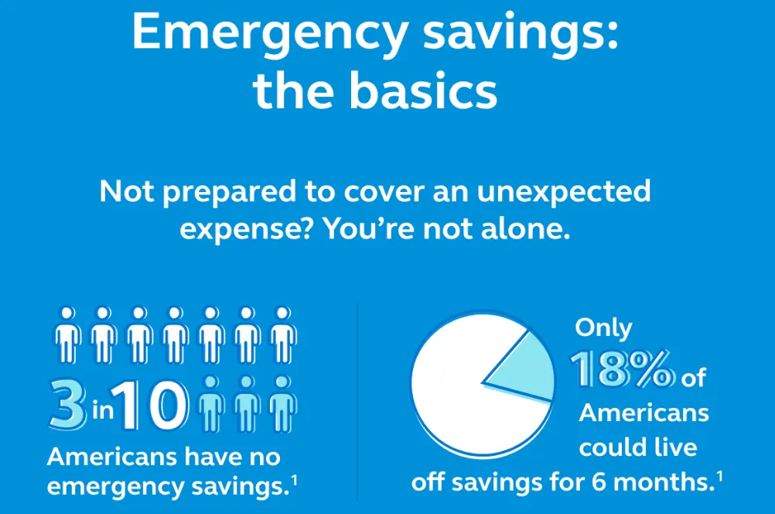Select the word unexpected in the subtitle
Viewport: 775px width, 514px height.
[563, 193]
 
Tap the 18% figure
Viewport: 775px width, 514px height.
[622, 369]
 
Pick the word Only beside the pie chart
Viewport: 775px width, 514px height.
[603, 328]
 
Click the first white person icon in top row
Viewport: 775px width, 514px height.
[68, 335]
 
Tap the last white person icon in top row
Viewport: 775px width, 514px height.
[283, 335]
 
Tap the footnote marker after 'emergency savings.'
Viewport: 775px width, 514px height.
[294, 480]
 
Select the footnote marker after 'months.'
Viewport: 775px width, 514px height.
[719, 476]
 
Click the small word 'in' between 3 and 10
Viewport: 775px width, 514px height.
[103, 410]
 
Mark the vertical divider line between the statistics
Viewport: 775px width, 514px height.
[357, 403]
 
